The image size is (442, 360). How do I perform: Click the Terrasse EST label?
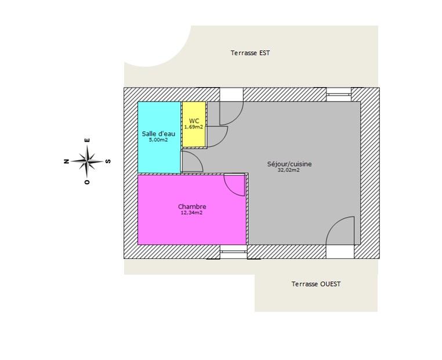coord(250,53)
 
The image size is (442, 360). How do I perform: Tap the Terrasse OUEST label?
coord(316,284)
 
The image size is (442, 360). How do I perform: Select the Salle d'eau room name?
coord(158,134)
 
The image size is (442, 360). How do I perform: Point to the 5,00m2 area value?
coord(158,140)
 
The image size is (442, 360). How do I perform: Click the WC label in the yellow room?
coord(194,121)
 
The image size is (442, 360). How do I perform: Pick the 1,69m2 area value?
coord(194,127)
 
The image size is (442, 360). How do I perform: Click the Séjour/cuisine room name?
coord(289,164)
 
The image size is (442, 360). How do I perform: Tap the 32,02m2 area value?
coord(289,170)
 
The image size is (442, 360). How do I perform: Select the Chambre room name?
coord(192,207)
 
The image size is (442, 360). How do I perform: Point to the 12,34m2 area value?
coord(191,213)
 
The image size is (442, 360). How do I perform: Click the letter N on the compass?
coord(67,161)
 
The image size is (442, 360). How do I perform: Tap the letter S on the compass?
coord(108,161)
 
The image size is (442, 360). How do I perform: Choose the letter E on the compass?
coord(88,140)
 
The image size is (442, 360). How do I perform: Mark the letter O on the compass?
coord(87,182)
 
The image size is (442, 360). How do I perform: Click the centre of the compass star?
coord(88,161)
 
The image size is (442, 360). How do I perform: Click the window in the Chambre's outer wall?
coord(234,251)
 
